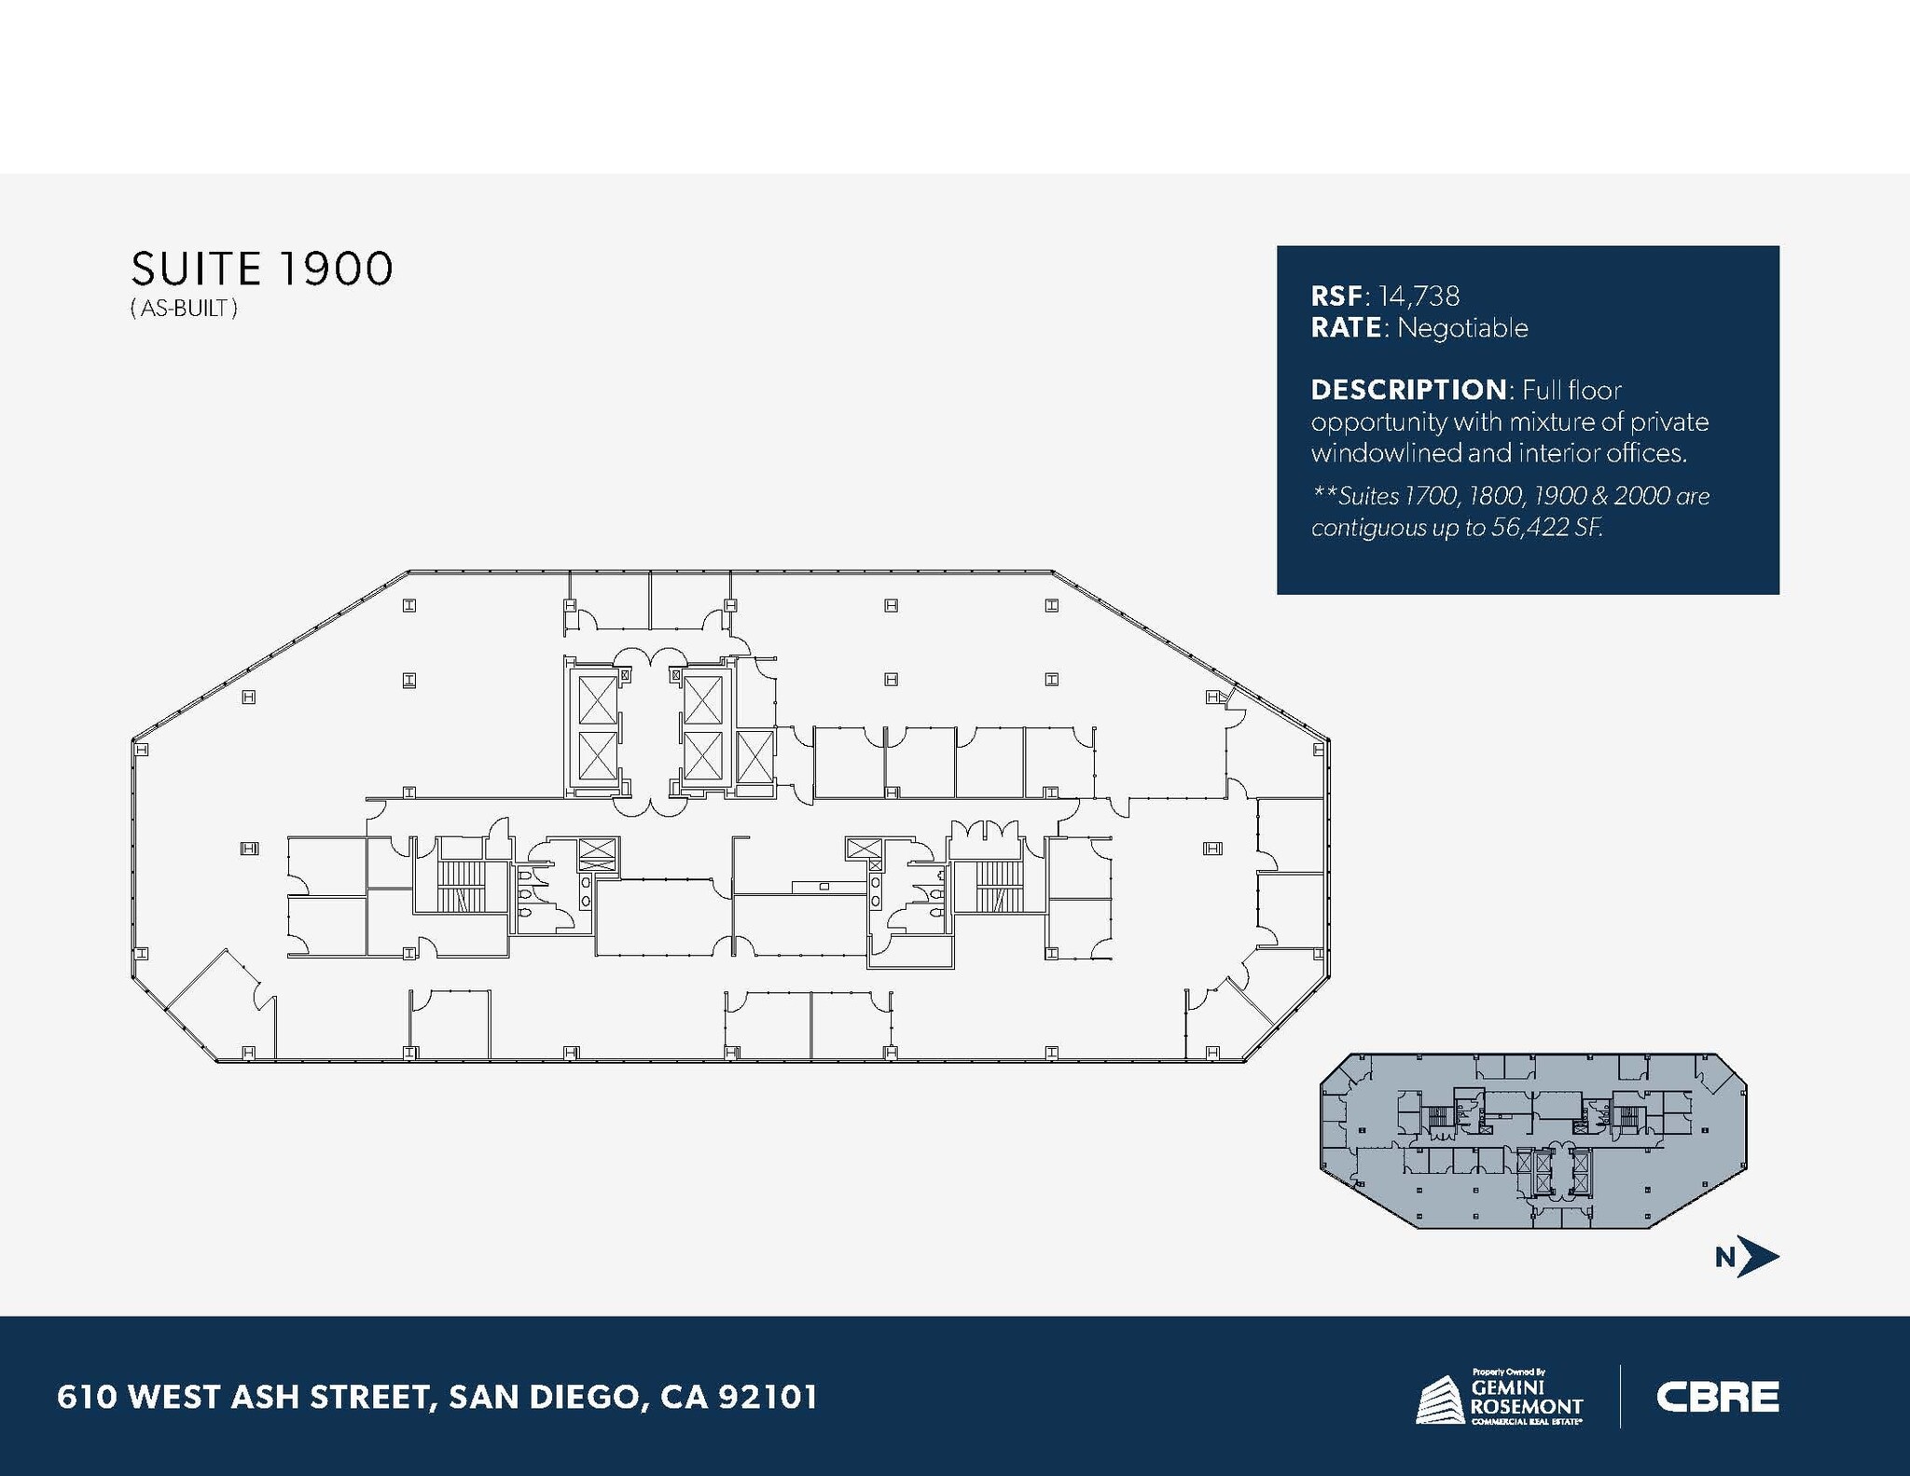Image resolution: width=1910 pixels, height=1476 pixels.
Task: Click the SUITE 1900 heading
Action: point(262,269)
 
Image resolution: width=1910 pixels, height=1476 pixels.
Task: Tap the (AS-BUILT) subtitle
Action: point(184,309)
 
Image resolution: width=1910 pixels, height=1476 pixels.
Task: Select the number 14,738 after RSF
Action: point(1419,297)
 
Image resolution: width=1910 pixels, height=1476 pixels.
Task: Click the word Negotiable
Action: point(1462,328)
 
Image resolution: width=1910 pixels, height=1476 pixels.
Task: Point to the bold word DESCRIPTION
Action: point(1408,390)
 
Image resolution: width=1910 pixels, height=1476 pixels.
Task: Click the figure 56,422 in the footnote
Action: point(1533,528)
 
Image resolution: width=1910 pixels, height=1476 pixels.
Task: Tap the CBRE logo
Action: point(1717,1397)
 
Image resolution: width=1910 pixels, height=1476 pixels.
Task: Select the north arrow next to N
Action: point(1759,1258)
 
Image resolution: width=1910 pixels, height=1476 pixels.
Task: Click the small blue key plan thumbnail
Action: point(1533,1140)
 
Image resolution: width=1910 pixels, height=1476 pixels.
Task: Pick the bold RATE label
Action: point(1346,328)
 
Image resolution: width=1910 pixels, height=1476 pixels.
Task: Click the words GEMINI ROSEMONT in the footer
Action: point(1527,1399)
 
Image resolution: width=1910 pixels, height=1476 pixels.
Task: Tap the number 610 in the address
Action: point(86,1397)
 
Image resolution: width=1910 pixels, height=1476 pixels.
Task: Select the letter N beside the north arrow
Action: point(1725,1259)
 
